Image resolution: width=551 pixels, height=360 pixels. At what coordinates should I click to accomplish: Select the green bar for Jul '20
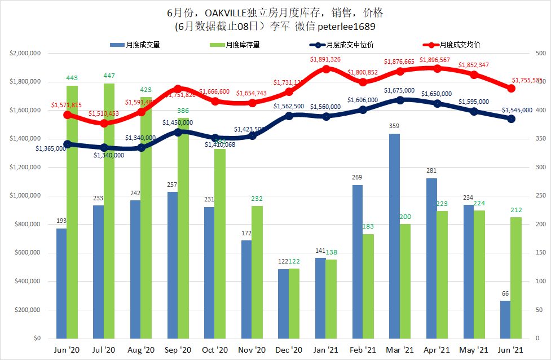tap(109, 211)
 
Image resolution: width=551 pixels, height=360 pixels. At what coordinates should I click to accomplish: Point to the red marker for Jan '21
tap(326, 69)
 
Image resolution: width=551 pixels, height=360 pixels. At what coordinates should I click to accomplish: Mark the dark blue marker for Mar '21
tap(400, 100)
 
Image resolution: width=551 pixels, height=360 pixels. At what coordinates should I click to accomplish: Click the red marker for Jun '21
tap(512, 88)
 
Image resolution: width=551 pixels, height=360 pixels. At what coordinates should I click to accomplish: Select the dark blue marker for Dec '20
tap(289, 116)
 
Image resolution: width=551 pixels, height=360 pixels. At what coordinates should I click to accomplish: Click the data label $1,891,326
tap(325, 59)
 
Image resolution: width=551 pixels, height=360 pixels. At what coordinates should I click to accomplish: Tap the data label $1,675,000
tap(399, 90)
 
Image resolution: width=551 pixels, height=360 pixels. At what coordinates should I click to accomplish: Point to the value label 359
tap(394, 126)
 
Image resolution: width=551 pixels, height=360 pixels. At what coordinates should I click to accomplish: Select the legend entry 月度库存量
tap(243, 45)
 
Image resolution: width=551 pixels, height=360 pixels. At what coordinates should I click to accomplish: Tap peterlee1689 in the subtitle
tap(343, 26)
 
